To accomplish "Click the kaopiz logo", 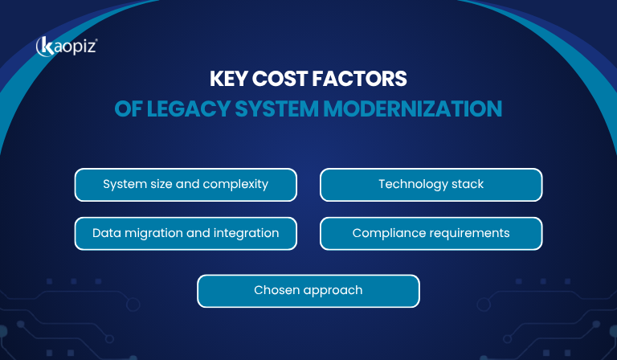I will coord(67,47).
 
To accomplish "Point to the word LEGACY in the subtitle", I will coord(174,108).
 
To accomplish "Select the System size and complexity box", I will coord(186,185).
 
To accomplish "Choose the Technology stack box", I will coord(431,185).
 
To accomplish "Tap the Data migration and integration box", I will coord(186,234).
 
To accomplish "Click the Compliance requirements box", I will coord(431,234).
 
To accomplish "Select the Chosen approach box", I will coord(308,291).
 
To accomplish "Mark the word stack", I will coord(468,185).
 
